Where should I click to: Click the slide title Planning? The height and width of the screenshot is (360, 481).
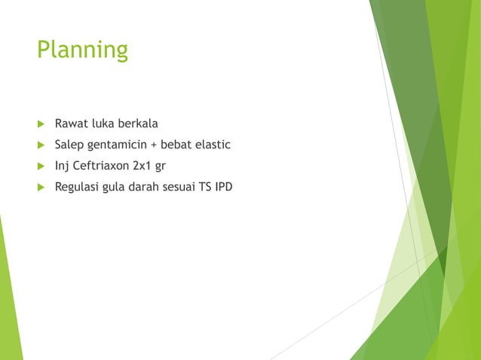[83, 50]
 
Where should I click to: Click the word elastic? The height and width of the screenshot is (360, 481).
[216, 145]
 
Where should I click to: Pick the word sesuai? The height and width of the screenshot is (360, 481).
[181, 187]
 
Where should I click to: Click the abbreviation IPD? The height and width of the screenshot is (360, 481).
[224, 187]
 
